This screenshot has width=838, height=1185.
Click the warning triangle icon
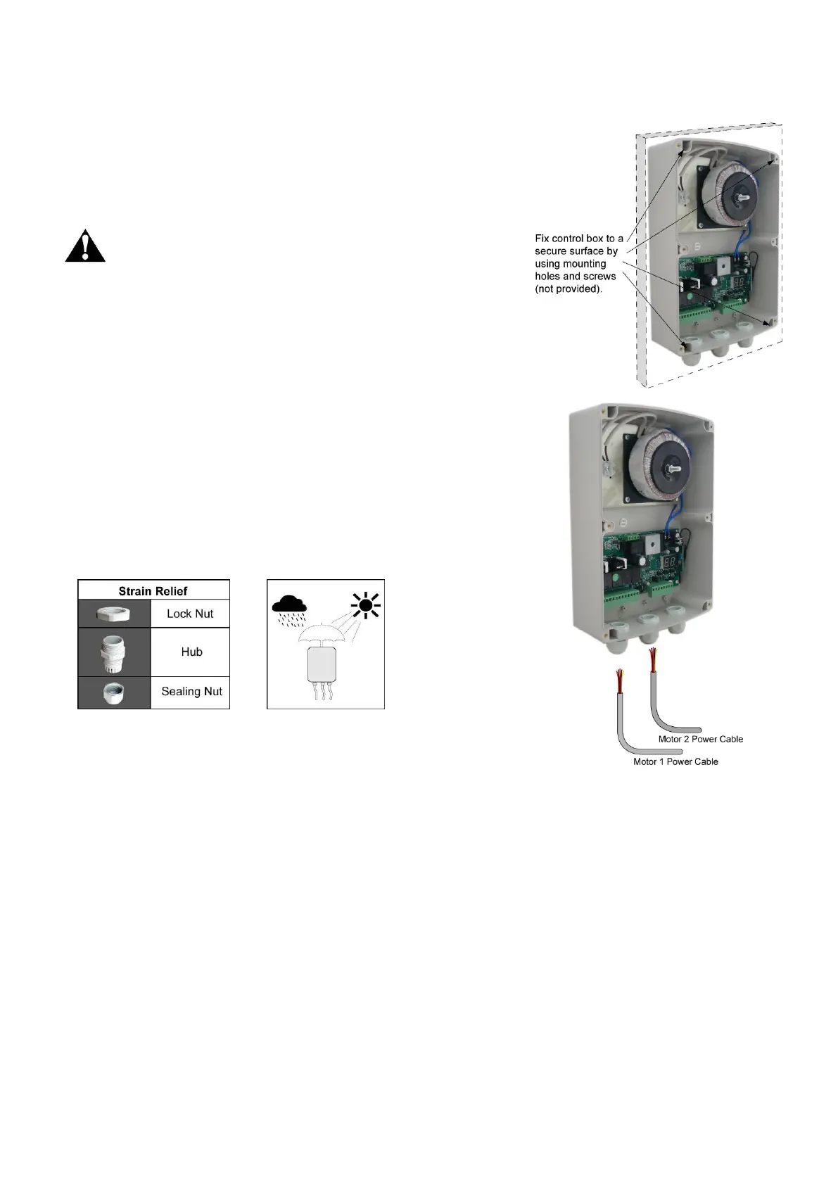(x=85, y=246)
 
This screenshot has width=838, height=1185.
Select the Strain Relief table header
(x=153, y=590)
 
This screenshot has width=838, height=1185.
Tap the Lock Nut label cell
(x=190, y=614)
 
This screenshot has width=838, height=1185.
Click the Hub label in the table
(x=191, y=652)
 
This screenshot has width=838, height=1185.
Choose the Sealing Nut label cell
(x=191, y=691)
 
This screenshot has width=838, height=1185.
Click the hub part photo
(x=114, y=652)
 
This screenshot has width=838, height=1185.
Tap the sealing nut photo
(x=114, y=692)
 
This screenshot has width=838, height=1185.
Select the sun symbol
(x=365, y=604)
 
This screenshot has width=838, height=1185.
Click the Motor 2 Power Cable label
(x=700, y=739)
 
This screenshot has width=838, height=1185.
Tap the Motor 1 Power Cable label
(x=675, y=761)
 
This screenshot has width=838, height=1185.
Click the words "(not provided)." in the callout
(x=569, y=289)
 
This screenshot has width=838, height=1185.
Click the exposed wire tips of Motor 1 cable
(x=619, y=680)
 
